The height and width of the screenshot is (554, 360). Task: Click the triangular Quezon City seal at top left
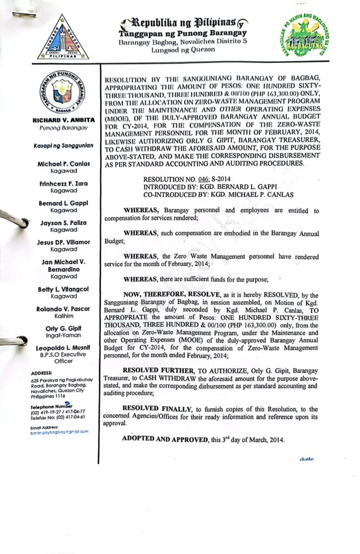pos(63,38)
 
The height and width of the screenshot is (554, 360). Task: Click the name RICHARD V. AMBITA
pos(64,120)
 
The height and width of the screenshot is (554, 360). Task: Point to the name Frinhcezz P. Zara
pos(64,184)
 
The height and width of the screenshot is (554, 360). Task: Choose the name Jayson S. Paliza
pos(64,222)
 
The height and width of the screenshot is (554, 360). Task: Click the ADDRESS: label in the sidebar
pos(42,373)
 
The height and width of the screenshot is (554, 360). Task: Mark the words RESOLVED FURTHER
pos(159,370)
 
